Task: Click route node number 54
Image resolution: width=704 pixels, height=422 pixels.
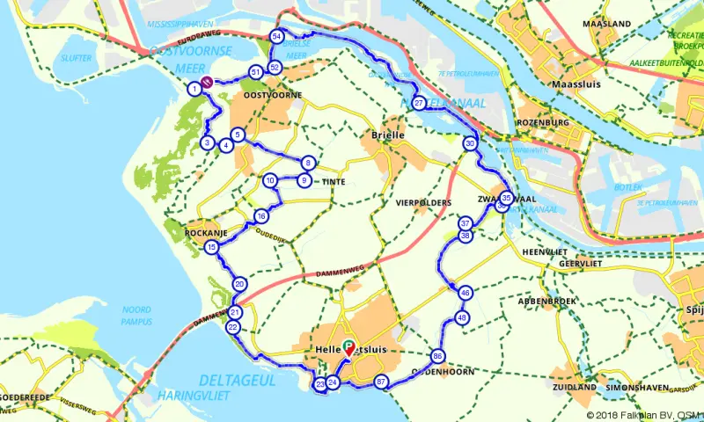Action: point(277,36)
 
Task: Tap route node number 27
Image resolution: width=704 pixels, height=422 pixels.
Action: point(419,103)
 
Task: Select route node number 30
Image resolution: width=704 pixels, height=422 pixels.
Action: point(471,143)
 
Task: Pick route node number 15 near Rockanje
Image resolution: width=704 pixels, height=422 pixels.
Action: point(211,248)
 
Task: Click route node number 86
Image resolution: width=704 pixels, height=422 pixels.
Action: point(437,356)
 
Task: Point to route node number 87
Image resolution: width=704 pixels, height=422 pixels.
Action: point(381,382)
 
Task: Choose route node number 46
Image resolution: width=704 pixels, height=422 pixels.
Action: point(466,293)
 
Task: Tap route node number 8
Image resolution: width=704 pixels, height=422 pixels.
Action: point(308,163)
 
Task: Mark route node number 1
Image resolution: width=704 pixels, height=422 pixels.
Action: point(194,88)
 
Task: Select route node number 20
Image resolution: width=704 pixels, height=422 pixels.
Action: point(239,284)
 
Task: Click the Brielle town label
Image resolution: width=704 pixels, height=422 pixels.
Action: point(388,135)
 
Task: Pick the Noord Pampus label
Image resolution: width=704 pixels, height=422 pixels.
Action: point(138,315)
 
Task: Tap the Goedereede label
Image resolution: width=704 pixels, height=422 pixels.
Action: point(22,397)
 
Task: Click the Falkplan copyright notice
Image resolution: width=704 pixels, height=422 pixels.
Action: point(645,415)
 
